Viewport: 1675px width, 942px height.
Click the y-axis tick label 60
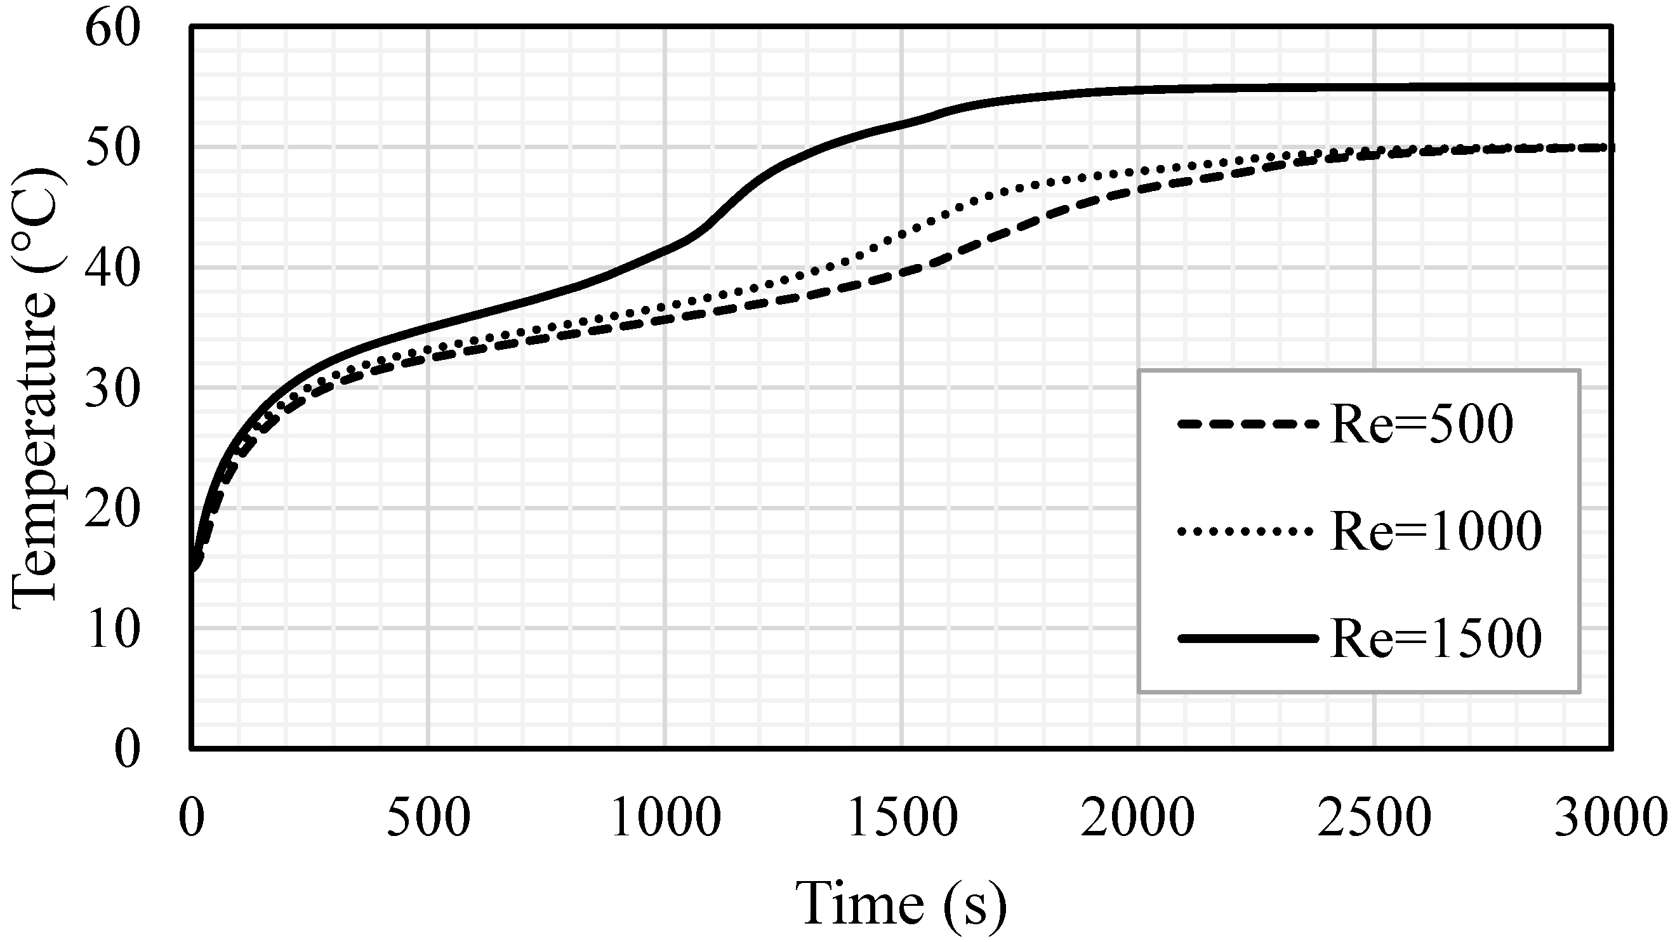[x=112, y=30]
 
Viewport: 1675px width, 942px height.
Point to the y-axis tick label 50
[x=112, y=149]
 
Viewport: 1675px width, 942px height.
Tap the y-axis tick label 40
[x=112, y=270]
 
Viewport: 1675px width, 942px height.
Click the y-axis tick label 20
[x=112, y=510]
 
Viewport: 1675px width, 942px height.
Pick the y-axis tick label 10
[x=112, y=630]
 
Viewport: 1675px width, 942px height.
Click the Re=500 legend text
[x=1421, y=425]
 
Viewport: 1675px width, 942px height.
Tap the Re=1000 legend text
[x=1436, y=531]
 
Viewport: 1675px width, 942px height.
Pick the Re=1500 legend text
[x=1436, y=639]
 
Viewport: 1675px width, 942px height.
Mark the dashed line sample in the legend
[x=1248, y=425]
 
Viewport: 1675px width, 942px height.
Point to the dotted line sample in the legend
[x=1248, y=532]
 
